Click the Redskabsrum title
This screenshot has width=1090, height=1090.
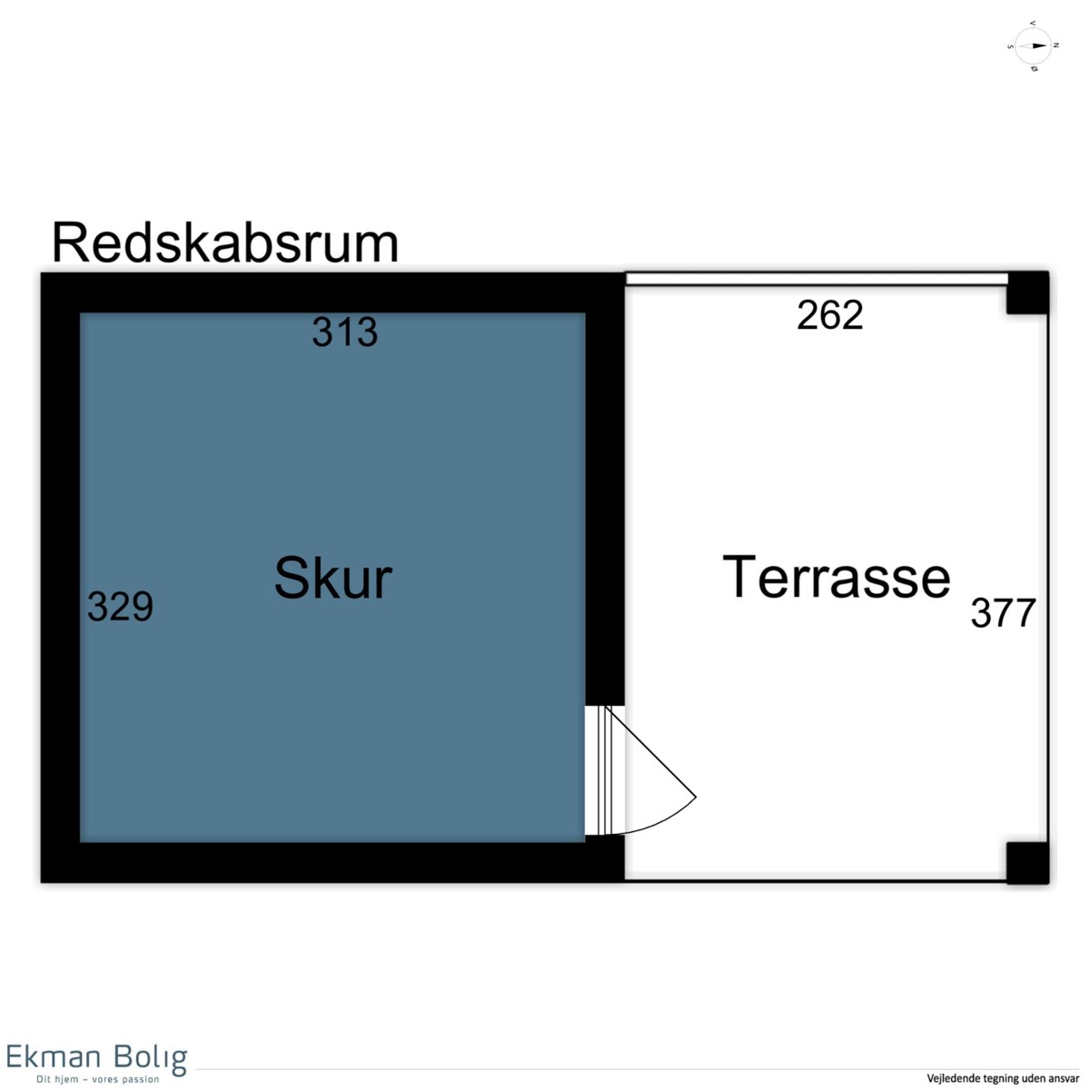(225, 243)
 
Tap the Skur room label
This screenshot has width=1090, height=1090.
(333, 578)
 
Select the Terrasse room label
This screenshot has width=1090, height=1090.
(837, 577)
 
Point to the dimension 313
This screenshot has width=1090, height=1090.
(344, 332)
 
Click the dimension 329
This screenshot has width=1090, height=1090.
(120, 607)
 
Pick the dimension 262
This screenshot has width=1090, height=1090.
(830, 315)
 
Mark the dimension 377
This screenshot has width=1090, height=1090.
(1003, 612)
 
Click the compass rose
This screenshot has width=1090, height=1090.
(1033, 46)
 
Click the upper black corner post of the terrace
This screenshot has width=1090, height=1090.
(1027, 292)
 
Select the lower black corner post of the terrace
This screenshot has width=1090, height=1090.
(1027, 863)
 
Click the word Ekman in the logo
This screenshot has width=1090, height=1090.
(54, 1056)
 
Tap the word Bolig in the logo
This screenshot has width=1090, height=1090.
(151, 1058)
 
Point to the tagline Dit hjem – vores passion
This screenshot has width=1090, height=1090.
(98, 1079)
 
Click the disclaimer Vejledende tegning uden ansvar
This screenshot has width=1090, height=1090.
(1003, 1078)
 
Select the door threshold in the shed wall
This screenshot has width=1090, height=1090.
(605, 770)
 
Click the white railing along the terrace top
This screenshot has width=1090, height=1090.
(816, 279)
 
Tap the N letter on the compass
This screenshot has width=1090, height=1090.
(1055, 45)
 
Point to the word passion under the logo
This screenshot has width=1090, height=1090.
(140, 1079)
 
